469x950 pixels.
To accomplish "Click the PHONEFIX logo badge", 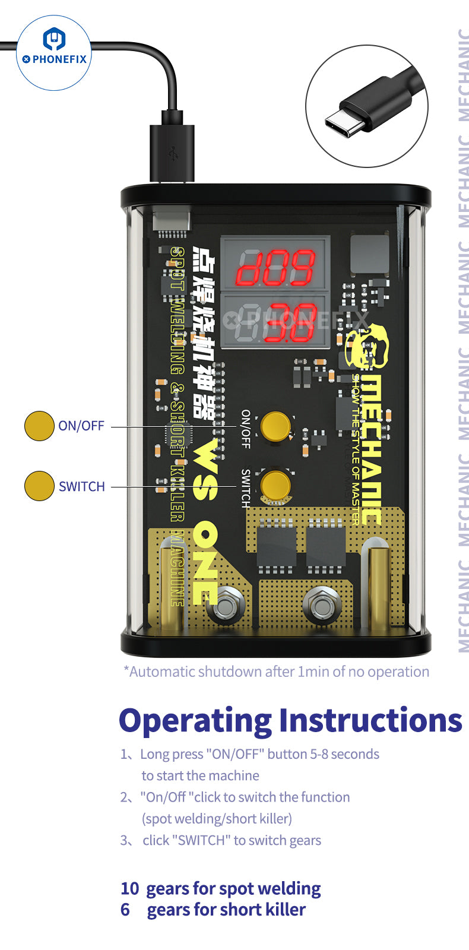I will tap(53, 52).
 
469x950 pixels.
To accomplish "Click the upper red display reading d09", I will tap(275, 267).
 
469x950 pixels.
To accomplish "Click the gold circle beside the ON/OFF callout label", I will tap(39, 426).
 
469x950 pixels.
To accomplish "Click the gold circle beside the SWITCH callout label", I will tap(39, 486).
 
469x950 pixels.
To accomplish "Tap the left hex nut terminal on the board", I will tap(226, 606).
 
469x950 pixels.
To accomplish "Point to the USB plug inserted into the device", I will tap(172, 151).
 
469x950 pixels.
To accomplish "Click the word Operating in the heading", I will tap(195, 721).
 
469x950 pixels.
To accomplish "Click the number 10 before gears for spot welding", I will tap(129, 889).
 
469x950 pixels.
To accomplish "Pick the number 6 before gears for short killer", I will tap(125, 910).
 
